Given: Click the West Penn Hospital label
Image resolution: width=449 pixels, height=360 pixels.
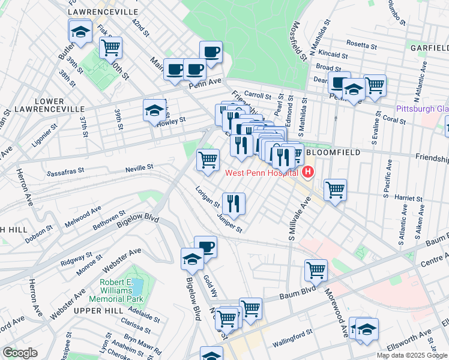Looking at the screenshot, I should pyautogui.click(x=261, y=173).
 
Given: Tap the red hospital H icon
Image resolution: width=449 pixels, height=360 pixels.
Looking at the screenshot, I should pyautogui.click(x=308, y=173).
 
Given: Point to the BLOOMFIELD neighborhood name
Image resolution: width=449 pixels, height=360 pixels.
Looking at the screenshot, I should pyautogui.click(x=334, y=152).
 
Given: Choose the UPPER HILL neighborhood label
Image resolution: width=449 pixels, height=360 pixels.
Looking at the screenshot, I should pyautogui.click(x=98, y=310).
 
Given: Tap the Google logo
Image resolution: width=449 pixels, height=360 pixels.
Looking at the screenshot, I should pyautogui.click(x=20, y=353).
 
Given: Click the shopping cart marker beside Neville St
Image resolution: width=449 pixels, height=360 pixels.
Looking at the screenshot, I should pyautogui.click(x=208, y=160).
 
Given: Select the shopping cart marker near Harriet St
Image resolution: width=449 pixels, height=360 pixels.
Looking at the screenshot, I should pyautogui.click(x=335, y=190).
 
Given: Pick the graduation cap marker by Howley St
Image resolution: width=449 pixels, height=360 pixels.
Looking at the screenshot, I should pyautogui.click(x=154, y=111).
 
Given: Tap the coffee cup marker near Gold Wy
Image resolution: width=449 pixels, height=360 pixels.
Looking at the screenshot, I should pyautogui.click(x=205, y=247).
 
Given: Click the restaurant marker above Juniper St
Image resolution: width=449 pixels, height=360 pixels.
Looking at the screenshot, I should pyautogui.click(x=234, y=203).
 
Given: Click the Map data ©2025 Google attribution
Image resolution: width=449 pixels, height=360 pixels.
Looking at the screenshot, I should pyautogui.click(x=412, y=355).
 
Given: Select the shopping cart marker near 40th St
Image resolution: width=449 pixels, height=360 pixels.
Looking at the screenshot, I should pyautogui.click(x=110, y=47).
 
